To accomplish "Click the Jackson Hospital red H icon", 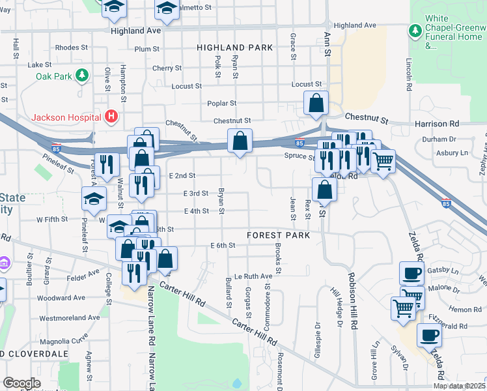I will click(111, 117).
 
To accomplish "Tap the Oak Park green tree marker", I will click(82, 76).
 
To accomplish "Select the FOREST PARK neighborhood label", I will click(278, 235).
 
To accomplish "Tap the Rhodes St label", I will click(72, 48).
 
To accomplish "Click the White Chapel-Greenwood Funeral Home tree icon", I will click(414, 31).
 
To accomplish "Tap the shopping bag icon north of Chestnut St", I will click(316, 102).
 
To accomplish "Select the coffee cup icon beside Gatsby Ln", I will click(411, 272).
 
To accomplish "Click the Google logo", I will click(21, 383).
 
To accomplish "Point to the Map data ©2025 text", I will click(460, 386).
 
